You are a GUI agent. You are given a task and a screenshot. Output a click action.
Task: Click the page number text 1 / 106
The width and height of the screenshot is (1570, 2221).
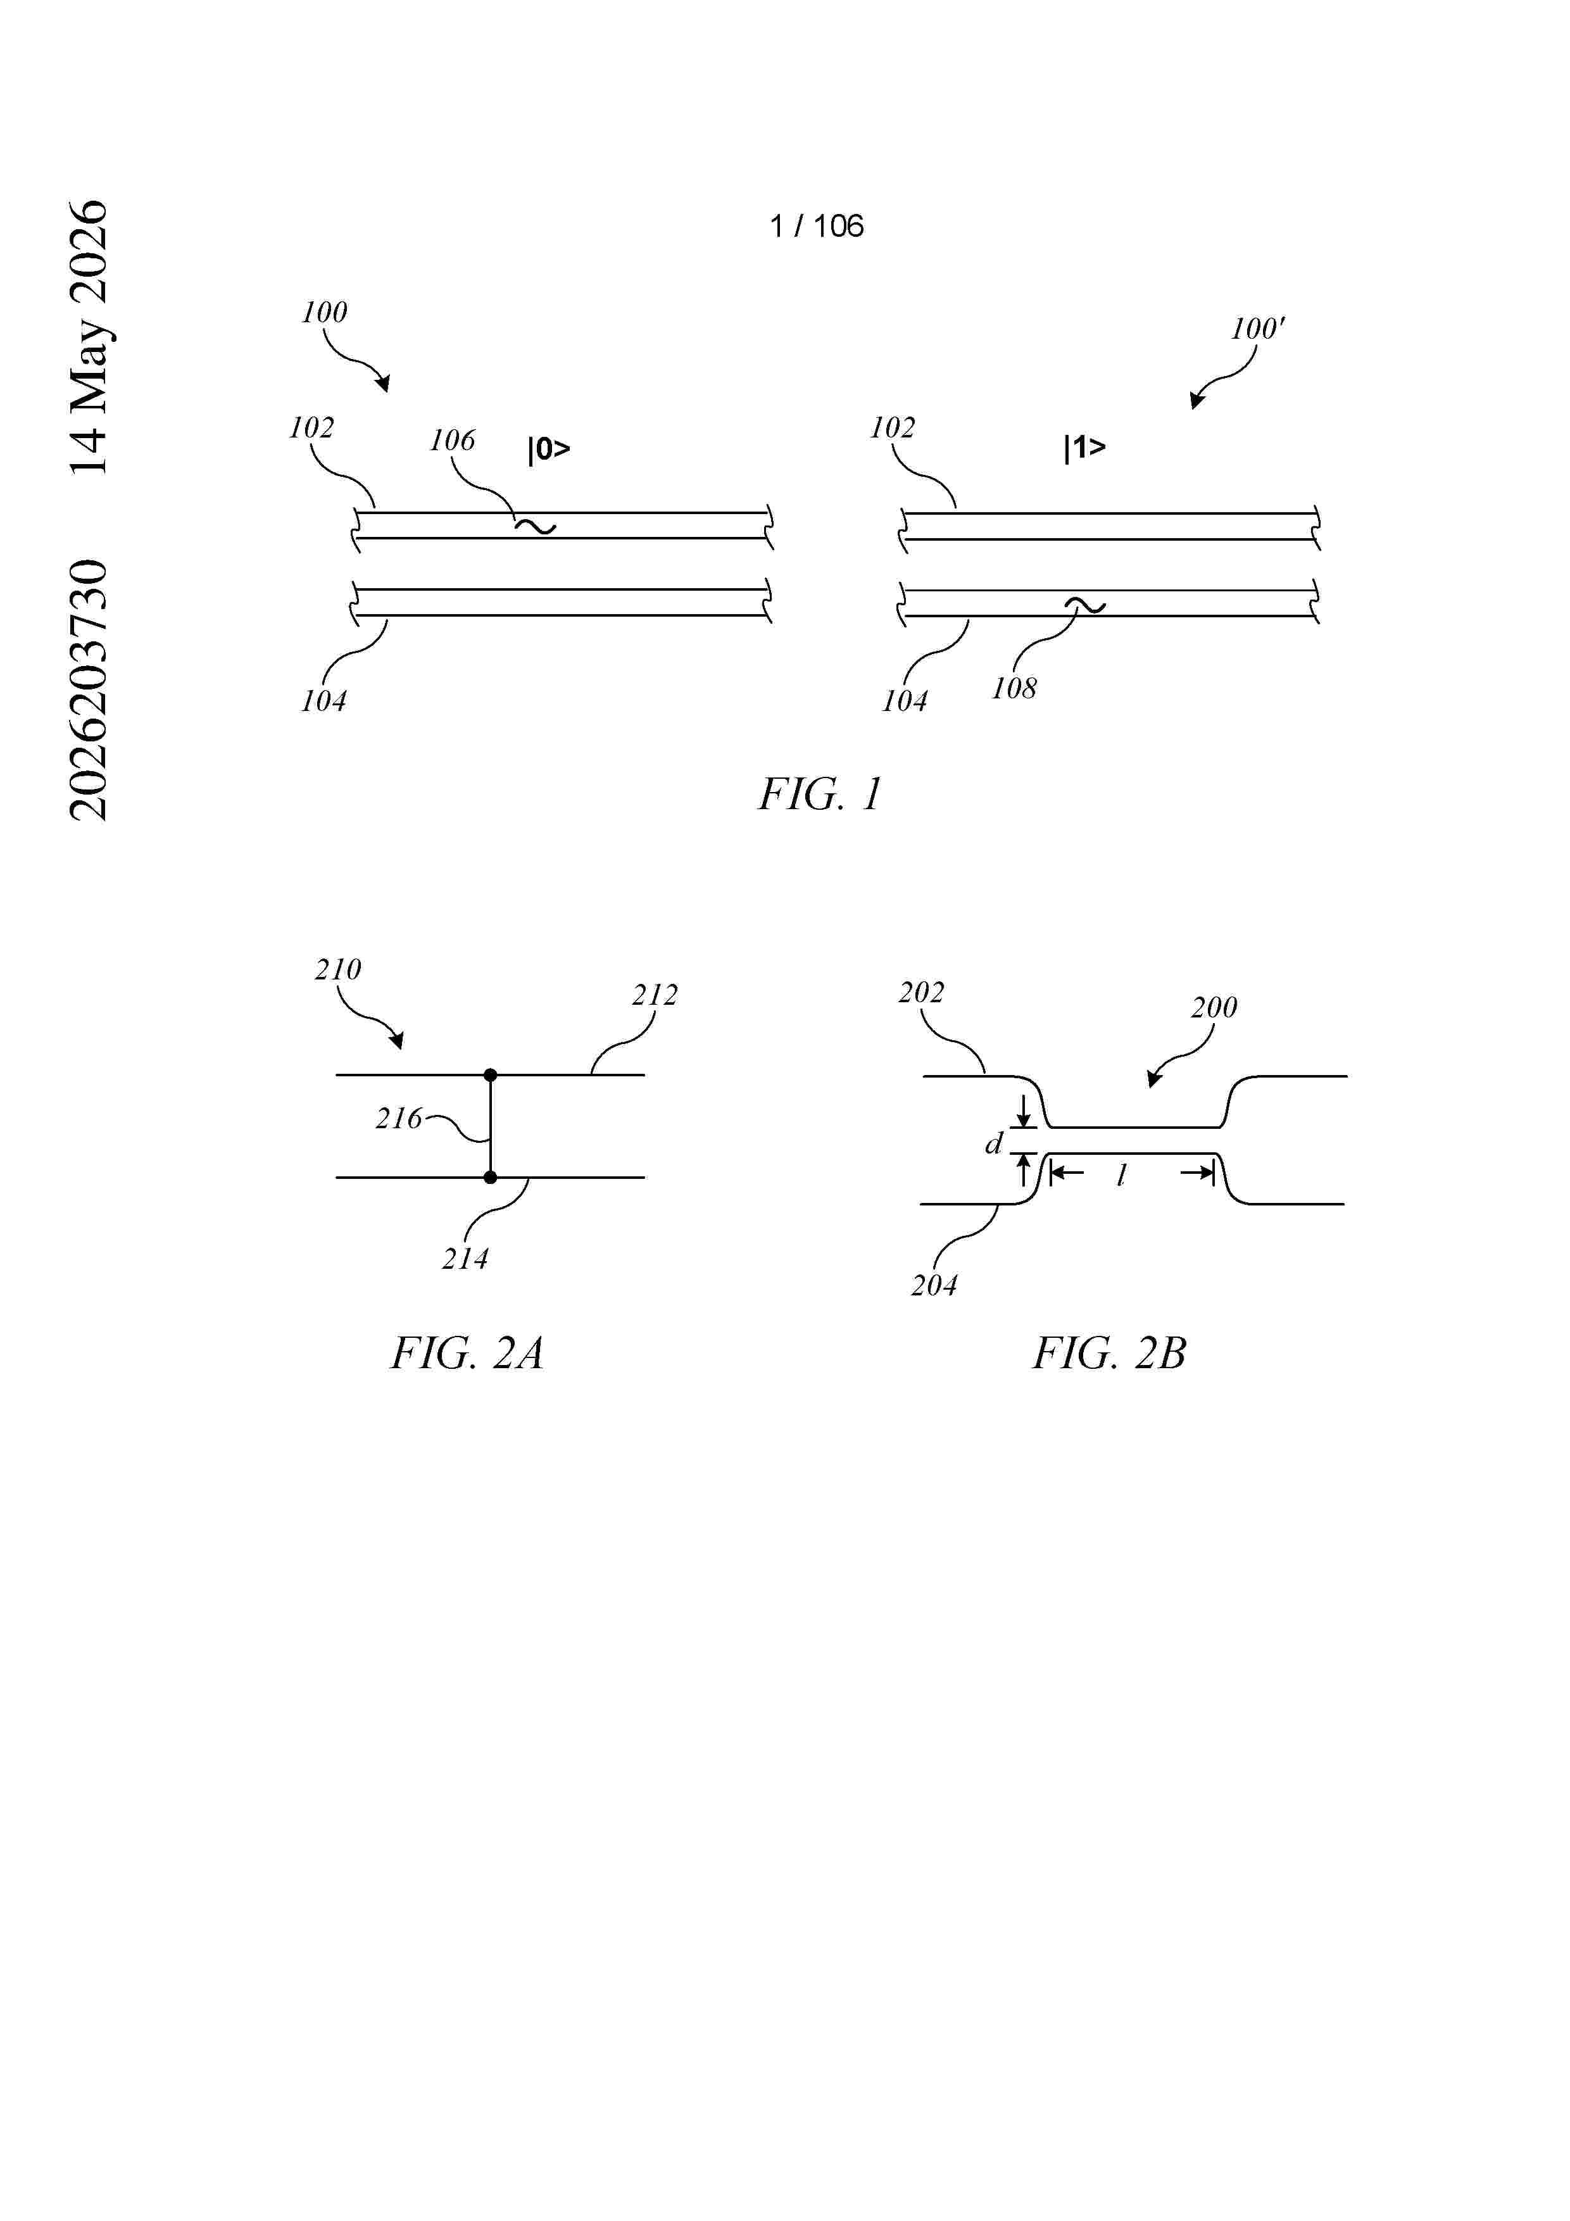pos(817,227)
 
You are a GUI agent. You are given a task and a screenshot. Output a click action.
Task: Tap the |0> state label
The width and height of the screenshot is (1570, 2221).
pos(548,450)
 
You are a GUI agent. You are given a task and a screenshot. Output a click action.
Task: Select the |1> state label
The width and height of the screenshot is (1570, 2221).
pos(1084,448)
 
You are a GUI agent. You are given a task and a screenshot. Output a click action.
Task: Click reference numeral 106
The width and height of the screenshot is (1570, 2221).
pos(452,441)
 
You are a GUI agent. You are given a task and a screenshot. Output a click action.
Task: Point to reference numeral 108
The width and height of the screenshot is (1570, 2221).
pos(1014,689)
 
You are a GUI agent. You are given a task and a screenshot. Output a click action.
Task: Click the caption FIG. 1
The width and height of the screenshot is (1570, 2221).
pos(819,794)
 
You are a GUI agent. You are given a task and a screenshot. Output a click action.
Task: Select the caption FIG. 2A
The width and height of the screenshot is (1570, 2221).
pos(467,1352)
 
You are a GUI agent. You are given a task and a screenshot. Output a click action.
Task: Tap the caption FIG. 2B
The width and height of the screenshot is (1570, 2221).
pos(1108,1352)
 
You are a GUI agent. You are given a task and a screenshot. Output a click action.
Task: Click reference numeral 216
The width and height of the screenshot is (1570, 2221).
pos(399,1119)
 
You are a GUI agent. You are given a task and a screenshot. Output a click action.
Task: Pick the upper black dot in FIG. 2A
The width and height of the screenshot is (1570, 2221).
pos(491,1074)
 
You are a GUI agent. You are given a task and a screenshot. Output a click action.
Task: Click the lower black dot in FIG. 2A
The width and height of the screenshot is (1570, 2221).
pos(491,1177)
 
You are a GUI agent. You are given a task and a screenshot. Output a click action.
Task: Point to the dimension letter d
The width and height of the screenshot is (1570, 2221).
pos(993,1144)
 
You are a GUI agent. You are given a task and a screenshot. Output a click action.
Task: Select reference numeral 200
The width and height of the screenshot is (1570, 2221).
pos(1214,1008)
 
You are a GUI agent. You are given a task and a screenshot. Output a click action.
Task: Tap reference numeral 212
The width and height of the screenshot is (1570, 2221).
pos(655,995)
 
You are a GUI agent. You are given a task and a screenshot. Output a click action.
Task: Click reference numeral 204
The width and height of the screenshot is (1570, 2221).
pos(934,1286)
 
